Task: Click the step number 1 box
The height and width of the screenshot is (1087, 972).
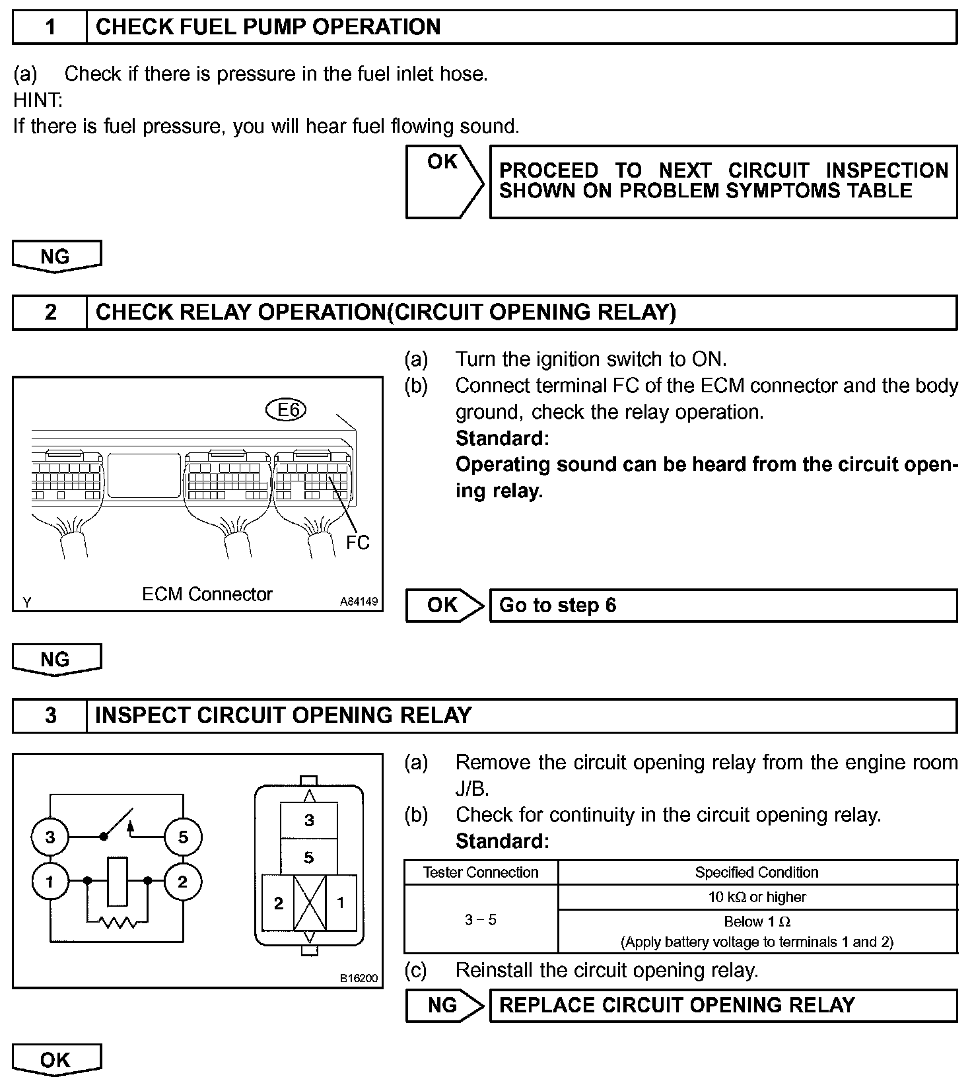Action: coord(50,27)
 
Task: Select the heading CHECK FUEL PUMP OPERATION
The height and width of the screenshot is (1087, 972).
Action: coord(268,27)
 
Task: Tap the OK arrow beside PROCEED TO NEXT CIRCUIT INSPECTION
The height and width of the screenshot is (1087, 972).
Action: coord(443,181)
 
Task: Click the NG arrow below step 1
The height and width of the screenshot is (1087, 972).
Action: coord(56,256)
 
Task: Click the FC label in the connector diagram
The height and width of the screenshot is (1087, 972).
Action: coord(358,542)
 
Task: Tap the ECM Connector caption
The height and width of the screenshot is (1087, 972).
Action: coord(207,594)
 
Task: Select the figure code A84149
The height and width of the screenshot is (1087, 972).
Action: coord(359,602)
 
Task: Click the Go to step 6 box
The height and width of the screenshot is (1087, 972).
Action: coord(722,606)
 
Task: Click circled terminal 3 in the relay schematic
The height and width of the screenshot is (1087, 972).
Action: coord(50,837)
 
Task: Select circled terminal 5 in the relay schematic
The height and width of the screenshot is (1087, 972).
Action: coord(183,837)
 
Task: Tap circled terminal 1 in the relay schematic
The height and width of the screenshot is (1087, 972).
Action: coord(50,881)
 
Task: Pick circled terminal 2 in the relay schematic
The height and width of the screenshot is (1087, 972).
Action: coord(183,881)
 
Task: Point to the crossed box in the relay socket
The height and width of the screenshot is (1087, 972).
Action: coord(310,903)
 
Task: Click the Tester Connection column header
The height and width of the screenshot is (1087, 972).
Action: coord(481,872)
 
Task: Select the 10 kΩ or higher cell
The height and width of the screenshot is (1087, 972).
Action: coord(757,897)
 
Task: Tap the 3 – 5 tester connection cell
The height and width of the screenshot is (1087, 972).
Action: coord(481,920)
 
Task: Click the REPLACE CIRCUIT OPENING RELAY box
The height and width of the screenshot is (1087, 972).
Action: coord(722,1005)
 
